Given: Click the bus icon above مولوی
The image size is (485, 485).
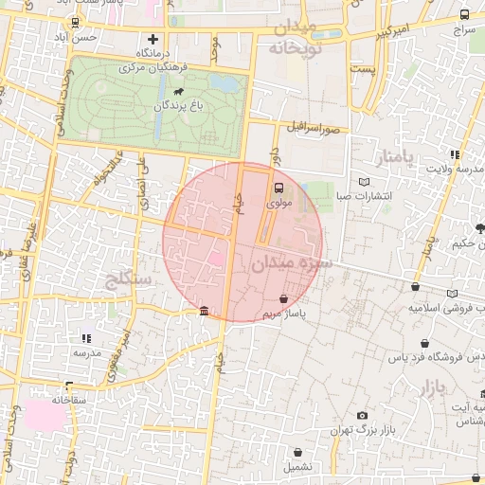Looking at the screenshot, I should click(x=279, y=187).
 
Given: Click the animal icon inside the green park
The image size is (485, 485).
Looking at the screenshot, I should click(x=178, y=92).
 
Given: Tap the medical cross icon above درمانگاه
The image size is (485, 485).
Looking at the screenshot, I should click(x=152, y=39).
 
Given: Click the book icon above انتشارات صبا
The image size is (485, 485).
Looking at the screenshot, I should click(x=366, y=182).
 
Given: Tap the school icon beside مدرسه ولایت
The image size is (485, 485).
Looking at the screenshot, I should click(x=455, y=154).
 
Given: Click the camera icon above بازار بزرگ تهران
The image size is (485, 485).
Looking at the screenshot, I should click(x=362, y=415).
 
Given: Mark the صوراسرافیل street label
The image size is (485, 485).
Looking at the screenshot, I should click(x=314, y=125).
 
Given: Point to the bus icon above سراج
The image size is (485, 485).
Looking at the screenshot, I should click(x=463, y=15).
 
